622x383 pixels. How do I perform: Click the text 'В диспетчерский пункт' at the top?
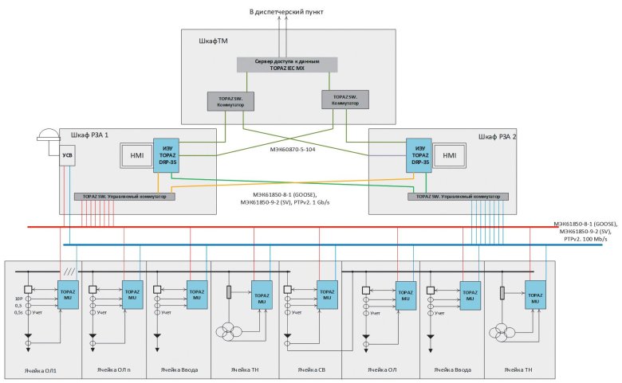pyautogui.click(x=286, y=13)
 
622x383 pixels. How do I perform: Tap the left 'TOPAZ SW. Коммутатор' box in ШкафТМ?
pyautogui.click(x=230, y=101)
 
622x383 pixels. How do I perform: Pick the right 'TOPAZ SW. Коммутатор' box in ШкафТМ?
pyautogui.click(x=344, y=99)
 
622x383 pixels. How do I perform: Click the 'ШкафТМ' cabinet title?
pyautogui.click(x=212, y=39)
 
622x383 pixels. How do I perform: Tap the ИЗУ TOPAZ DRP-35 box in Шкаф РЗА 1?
pyautogui.click(x=168, y=156)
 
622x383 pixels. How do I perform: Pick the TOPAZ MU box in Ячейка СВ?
pyautogui.click(x=326, y=289)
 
